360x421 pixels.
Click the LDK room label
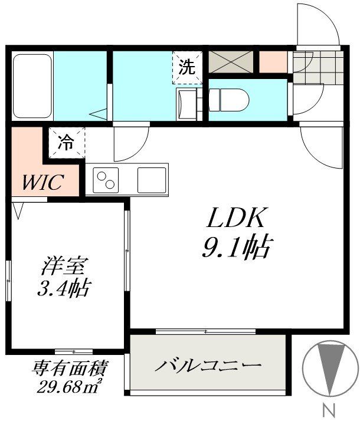(x=237, y=219)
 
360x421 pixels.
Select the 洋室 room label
(x=58, y=266)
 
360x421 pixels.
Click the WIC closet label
(x=42, y=183)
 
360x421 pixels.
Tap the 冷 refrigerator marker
(x=66, y=142)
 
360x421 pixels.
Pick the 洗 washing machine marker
(x=186, y=67)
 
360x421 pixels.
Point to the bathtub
(x=32, y=86)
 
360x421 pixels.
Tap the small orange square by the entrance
(x=273, y=61)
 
